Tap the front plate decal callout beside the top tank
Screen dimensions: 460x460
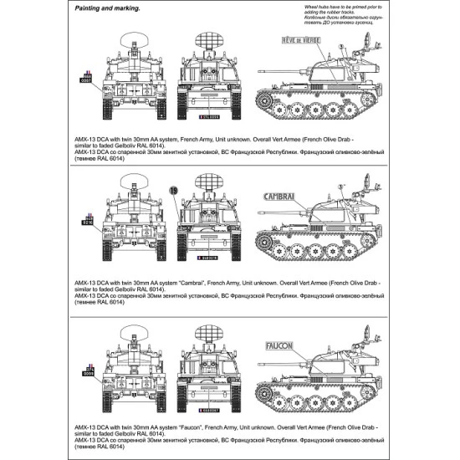85,76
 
